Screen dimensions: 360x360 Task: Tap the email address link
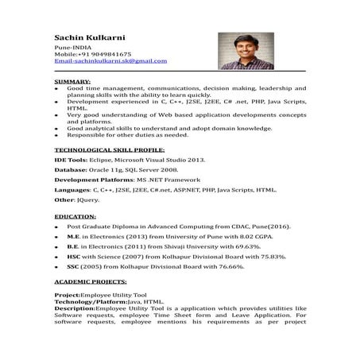[x=110, y=61]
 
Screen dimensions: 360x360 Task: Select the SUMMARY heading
[x=72, y=81]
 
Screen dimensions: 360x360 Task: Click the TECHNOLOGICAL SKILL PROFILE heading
[x=109, y=149]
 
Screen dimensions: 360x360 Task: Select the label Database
[x=70, y=169]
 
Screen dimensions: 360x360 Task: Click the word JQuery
[x=84, y=202]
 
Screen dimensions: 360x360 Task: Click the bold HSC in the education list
[x=73, y=257]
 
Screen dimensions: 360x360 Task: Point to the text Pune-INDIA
[x=70, y=48]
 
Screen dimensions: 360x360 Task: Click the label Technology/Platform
[x=90, y=302]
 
